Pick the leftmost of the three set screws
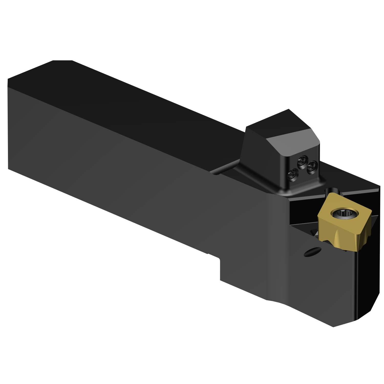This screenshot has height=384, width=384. coord(292,175)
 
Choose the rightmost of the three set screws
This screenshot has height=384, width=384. coord(311,168)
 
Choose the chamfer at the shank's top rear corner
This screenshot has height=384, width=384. coord(62,61)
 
